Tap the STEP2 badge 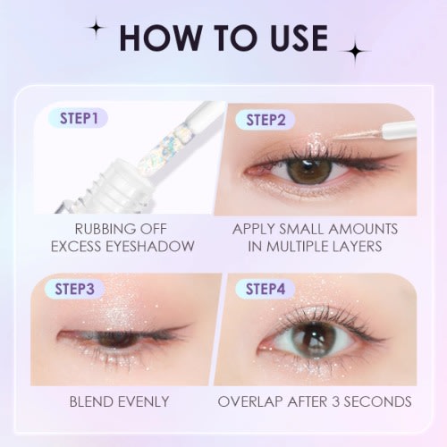click(266, 117)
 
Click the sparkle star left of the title click(95, 29)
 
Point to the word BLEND click(92, 401)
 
